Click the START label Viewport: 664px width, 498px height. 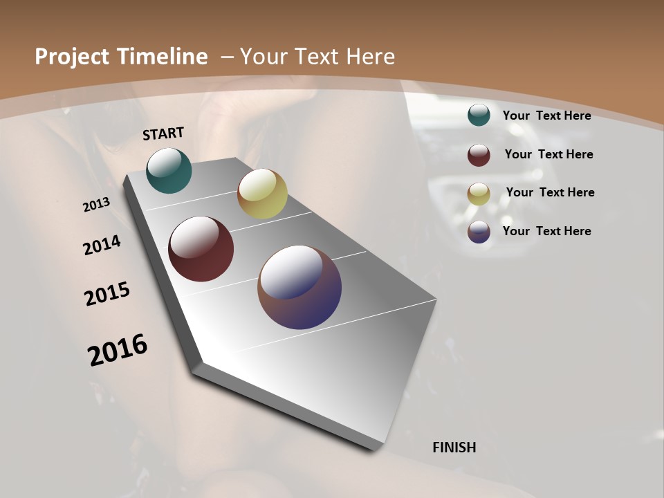click(x=163, y=133)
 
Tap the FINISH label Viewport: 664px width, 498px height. click(x=454, y=448)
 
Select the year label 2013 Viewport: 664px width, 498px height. click(x=97, y=205)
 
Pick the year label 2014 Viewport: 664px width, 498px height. click(x=102, y=245)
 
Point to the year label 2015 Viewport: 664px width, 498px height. click(x=107, y=294)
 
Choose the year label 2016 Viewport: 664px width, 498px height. click(x=118, y=350)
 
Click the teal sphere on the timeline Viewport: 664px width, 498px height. click(x=169, y=170)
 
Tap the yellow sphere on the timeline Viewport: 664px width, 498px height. click(x=262, y=194)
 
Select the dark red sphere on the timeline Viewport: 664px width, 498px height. click(x=201, y=249)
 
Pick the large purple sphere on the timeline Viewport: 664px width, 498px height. click(x=299, y=287)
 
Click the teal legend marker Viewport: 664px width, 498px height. click(x=479, y=115)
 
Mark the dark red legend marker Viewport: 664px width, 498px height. click(x=479, y=155)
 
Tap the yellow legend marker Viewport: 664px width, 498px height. click(x=479, y=194)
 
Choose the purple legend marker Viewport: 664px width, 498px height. click(x=479, y=232)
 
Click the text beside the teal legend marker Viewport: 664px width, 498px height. click(x=546, y=116)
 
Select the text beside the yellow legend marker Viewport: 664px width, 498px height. click(x=550, y=192)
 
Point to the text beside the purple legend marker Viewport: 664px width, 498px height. click(x=546, y=231)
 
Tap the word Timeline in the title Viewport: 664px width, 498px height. click(x=164, y=57)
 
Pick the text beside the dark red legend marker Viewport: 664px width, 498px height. click(x=548, y=154)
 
